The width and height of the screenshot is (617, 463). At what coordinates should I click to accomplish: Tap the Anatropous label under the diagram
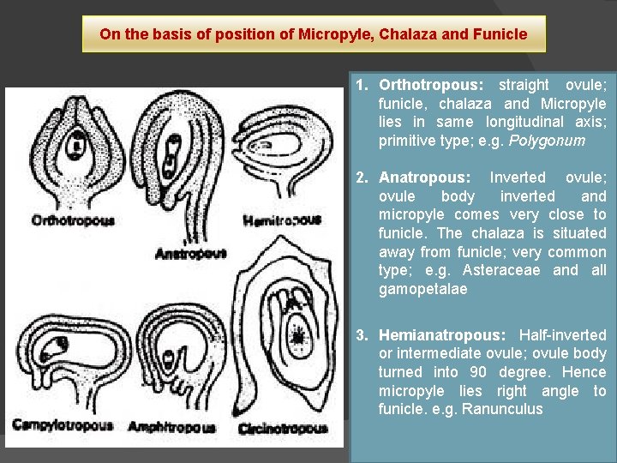point(190,253)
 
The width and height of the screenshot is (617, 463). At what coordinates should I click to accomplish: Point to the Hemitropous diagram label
point(282,220)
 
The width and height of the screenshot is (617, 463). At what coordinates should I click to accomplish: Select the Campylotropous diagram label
point(62,425)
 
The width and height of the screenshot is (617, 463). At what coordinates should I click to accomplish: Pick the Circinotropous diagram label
point(283,428)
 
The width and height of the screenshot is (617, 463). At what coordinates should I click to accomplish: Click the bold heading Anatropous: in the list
point(425,177)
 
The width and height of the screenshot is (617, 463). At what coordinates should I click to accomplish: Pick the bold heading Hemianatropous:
point(442,334)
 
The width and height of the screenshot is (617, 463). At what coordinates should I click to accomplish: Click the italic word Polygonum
point(554,141)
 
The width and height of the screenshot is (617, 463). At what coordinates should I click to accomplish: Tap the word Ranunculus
point(502,409)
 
